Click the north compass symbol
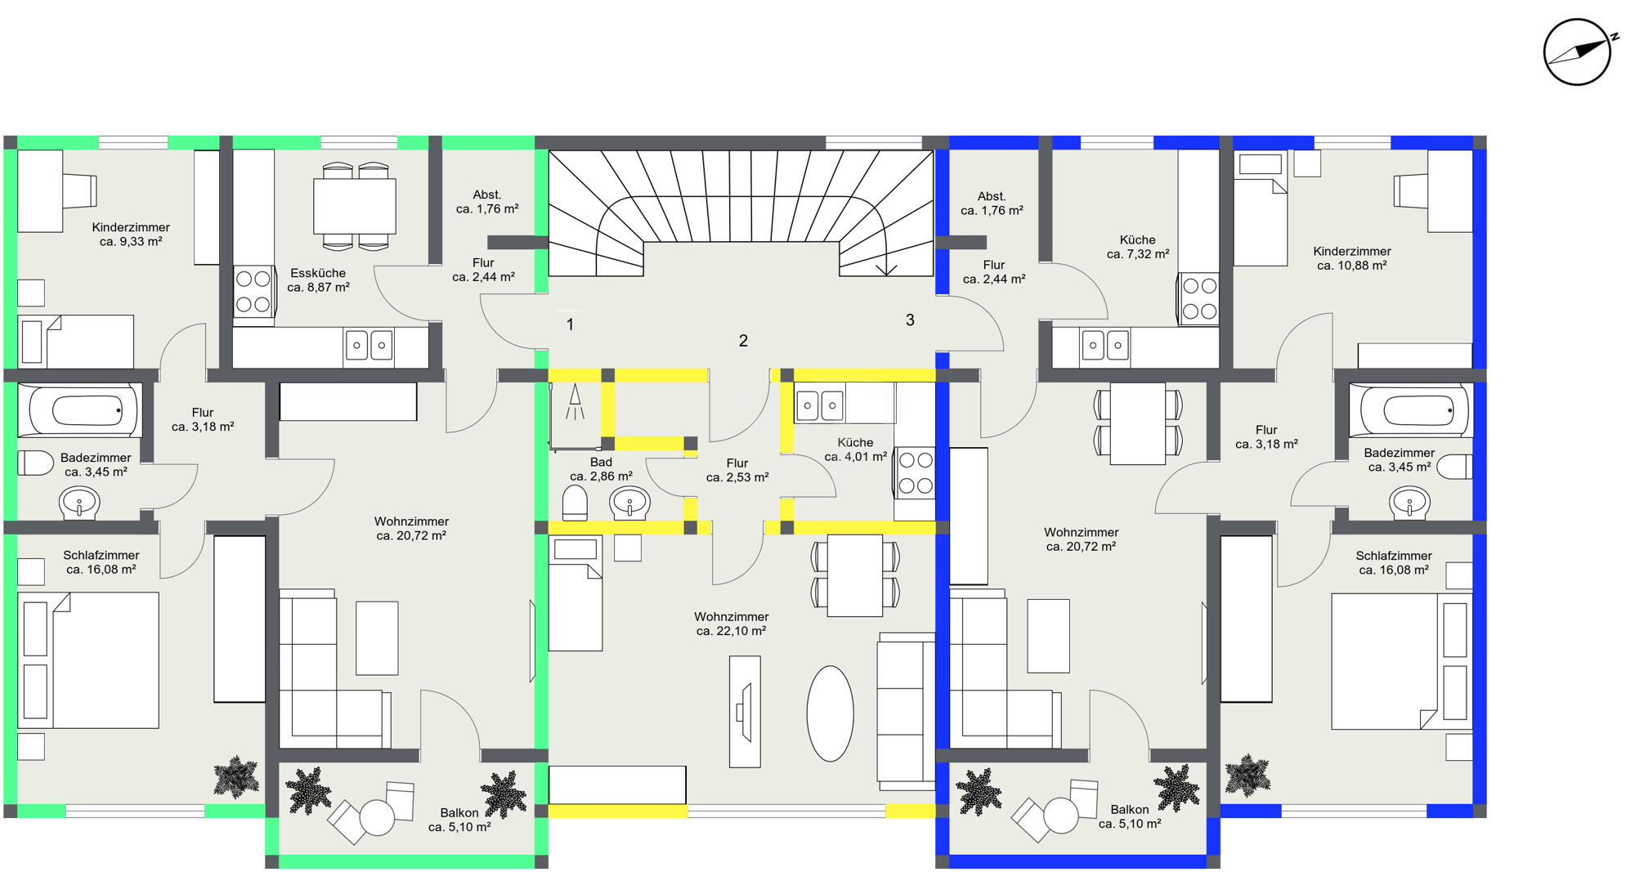[x=1577, y=52]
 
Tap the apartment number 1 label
[x=570, y=324]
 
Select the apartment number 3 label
[x=910, y=320]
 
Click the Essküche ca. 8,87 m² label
[x=318, y=280]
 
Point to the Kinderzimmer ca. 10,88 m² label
[x=1352, y=258]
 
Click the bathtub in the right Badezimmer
[x=1411, y=410]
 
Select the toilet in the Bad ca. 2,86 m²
[x=575, y=503]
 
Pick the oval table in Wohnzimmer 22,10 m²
[x=830, y=713]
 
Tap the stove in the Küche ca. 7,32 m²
[x=1198, y=299]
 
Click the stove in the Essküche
[x=253, y=292]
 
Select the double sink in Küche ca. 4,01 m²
[x=820, y=405]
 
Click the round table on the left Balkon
[x=377, y=817]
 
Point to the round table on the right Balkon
[x=1060, y=816]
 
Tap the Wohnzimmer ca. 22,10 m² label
[x=731, y=624]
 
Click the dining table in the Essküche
[x=355, y=207]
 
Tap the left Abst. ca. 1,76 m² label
[x=487, y=202]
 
